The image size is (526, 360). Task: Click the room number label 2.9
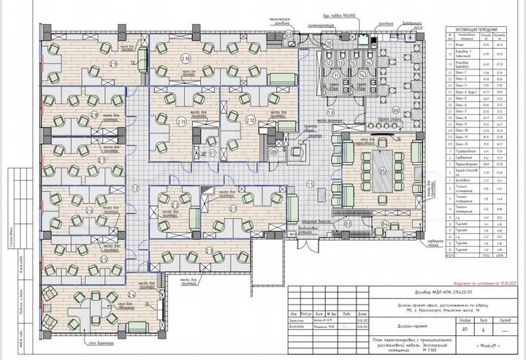click(x=113, y=64)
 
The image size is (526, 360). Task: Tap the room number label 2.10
click(x=186, y=58)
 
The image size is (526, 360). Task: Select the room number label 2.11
click(x=181, y=120)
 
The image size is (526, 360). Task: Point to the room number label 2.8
click(x=94, y=115)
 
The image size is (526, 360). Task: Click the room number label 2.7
click(x=102, y=159)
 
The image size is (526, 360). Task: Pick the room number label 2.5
click(x=104, y=258)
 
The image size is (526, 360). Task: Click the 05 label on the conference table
click(x=382, y=172)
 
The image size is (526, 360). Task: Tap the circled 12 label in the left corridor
click(x=134, y=188)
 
